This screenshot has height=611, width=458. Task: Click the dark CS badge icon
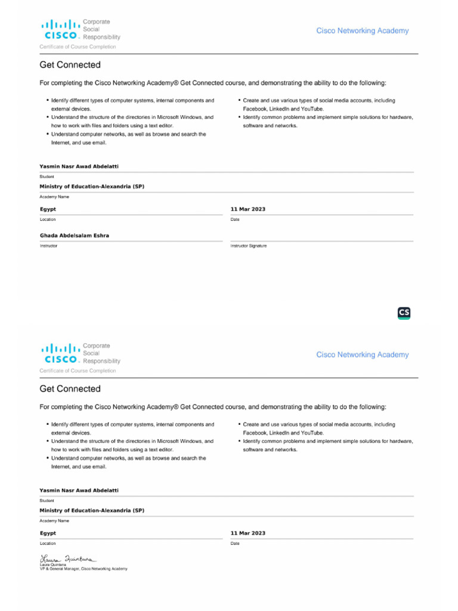pos(404,313)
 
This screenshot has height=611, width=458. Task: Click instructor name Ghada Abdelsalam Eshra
pos(75,236)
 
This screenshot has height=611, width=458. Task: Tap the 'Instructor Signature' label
pos(249,246)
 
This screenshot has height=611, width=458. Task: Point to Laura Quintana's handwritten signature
pos(67,558)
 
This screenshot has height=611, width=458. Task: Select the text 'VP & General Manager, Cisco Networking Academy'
pos(83,569)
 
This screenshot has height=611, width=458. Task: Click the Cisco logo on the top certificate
pos(60,30)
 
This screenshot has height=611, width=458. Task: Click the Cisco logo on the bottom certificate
pos(60,354)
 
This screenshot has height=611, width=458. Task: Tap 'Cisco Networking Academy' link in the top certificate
pos(363,30)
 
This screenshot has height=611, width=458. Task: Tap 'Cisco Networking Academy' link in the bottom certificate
pos(363,354)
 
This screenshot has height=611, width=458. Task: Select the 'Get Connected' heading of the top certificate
pos(70,64)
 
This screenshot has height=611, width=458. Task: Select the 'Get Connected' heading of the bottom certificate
pos(70,388)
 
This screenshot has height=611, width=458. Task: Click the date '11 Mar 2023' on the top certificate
pos(248,209)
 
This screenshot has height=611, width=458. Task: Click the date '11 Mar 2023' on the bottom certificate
pos(248,533)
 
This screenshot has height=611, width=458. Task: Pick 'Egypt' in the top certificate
pos(48,209)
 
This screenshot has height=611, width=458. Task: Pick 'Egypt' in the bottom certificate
pos(48,533)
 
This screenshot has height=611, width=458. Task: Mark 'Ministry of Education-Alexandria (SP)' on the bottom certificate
pos(92,511)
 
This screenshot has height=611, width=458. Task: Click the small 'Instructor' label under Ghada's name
pos(49,246)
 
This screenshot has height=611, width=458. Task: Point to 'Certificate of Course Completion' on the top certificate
pos(78,47)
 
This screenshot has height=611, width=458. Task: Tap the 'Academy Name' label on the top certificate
pos(54,196)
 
